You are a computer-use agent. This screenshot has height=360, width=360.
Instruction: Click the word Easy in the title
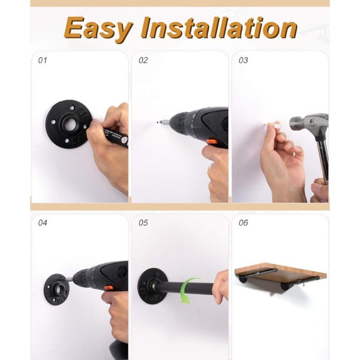[x=98, y=29]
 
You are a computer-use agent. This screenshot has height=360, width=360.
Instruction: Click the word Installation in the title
[x=219, y=27]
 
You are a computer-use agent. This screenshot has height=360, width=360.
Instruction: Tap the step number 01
[x=43, y=61]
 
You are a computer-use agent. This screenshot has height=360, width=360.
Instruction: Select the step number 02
[x=143, y=61]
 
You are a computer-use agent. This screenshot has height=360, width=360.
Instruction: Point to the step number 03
[x=244, y=61]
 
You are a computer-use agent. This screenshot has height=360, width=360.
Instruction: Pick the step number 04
[x=43, y=223]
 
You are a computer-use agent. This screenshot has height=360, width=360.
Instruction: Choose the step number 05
[x=143, y=223]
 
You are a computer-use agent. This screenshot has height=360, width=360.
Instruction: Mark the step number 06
[x=244, y=223]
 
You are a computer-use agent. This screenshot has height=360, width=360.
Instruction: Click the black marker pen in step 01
[x=115, y=137]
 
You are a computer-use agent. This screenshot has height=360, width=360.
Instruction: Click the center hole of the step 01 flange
[x=70, y=124]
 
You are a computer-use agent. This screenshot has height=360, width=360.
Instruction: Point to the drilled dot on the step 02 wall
[x=157, y=122]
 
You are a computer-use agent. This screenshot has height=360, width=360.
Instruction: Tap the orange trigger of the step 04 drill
[x=109, y=288]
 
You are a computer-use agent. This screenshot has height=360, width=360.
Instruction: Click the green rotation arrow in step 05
[x=188, y=290]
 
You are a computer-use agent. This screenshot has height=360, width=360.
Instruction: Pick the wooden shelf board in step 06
[x=281, y=275]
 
